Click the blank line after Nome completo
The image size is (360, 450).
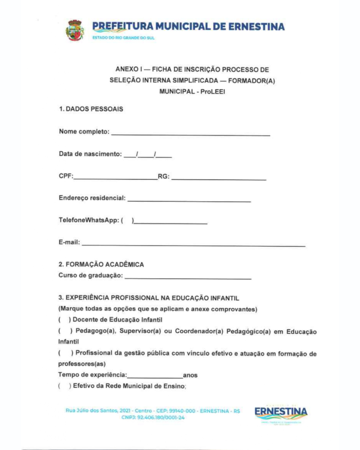pyautogui.click(x=190, y=134)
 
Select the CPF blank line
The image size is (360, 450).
pyautogui.click(x=115, y=179)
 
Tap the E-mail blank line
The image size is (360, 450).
pyautogui.click(x=193, y=245)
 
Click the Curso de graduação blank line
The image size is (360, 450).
pyautogui.click(x=188, y=278)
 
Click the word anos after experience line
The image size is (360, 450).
pyautogui.click(x=190, y=375)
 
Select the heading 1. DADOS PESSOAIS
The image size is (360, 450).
pyautogui.click(x=91, y=109)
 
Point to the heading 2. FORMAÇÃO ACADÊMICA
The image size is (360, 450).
pyautogui.click(x=101, y=265)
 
